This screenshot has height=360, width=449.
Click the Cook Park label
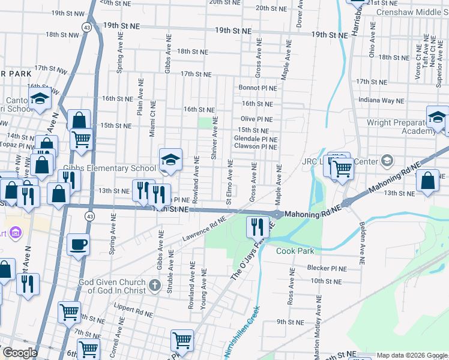coord(295,251)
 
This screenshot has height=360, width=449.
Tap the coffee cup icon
coord(79,245)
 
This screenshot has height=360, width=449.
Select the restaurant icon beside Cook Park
coord(258,226)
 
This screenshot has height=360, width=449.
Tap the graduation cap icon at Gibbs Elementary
coord(170,159)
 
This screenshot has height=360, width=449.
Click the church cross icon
coord(155,284)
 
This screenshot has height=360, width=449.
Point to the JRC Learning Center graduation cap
coord(387,161)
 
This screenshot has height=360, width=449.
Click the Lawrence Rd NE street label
coord(204,232)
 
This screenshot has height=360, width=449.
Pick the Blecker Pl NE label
coord(328,268)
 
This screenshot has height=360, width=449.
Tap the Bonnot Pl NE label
coord(258,88)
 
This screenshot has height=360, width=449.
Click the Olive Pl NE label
coord(257,119)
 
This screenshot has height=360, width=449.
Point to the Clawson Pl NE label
coord(255,146)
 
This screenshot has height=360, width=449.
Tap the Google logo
coord(20,353)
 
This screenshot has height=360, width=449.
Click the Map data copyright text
coord(411,355)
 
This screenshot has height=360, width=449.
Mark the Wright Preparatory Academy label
coord(397,127)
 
